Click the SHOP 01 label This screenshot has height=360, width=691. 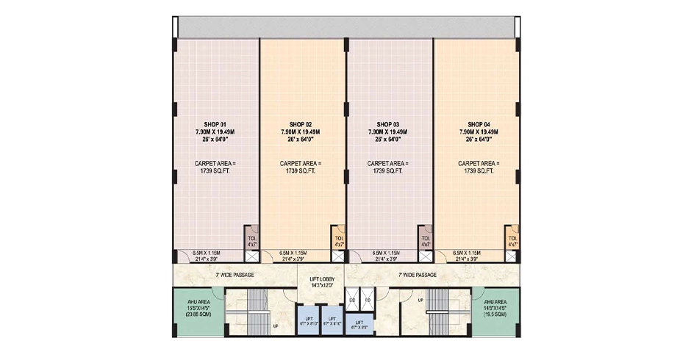point(215,124)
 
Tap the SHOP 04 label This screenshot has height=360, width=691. point(479,124)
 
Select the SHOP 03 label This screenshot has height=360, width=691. point(387,124)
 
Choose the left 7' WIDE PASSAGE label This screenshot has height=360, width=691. point(234,275)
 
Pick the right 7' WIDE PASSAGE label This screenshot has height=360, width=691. point(417,275)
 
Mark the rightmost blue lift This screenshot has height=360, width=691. point(359,324)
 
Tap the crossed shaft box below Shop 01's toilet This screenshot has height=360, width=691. point(251,256)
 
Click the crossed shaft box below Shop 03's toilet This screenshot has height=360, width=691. point(425,256)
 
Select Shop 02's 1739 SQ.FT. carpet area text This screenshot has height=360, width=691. point(301,170)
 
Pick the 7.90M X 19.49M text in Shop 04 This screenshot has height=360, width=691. point(479,132)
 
